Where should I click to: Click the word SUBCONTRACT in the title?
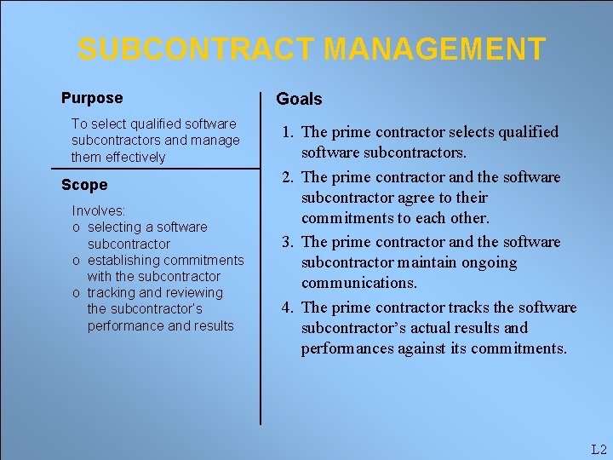tap(197, 49)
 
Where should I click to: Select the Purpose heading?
tap(92, 98)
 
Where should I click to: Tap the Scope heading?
tap(84, 185)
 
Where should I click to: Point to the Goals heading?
tap(299, 99)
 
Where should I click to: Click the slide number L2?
tap(598, 449)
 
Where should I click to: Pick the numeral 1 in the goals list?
tap(287, 132)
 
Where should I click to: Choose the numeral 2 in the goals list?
tap(287, 177)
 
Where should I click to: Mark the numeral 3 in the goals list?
tap(287, 242)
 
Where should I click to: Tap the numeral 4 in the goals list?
tap(287, 308)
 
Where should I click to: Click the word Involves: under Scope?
tap(99, 210)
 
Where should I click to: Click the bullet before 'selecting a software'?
tap(77, 227)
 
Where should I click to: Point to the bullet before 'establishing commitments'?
tap(77, 260)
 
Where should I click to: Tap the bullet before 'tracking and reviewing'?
tap(77, 293)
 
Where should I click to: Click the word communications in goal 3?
tap(358, 283)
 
